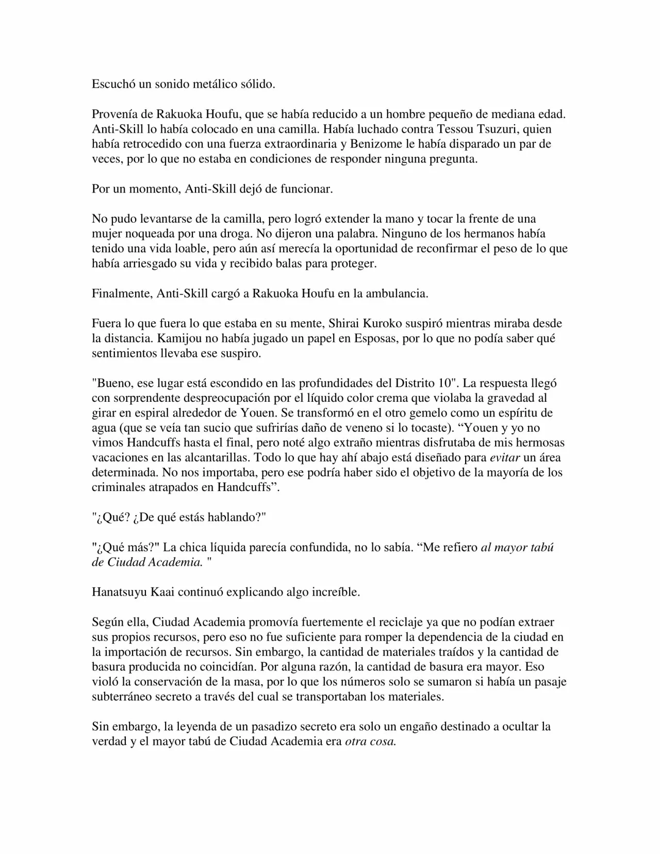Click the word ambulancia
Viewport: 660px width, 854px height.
click(397, 294)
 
